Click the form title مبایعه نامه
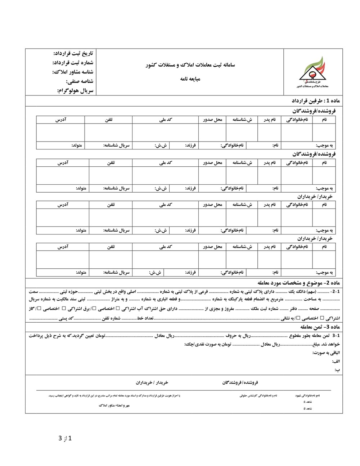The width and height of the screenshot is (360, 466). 190,79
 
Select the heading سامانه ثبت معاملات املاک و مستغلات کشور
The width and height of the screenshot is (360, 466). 190,65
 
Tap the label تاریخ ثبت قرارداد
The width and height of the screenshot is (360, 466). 73,53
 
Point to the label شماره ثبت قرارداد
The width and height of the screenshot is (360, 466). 72,63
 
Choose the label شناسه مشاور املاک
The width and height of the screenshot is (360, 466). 72,72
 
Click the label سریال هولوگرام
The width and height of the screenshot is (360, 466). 75,91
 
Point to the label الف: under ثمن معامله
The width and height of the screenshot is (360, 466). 336,361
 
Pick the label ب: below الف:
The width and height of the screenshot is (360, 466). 337,370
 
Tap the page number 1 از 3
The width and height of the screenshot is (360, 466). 66,438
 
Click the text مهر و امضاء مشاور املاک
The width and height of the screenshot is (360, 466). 114,405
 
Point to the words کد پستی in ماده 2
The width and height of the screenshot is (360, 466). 66,318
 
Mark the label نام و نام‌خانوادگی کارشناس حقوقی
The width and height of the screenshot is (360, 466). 258,395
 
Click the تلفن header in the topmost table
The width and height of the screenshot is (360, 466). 108,120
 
